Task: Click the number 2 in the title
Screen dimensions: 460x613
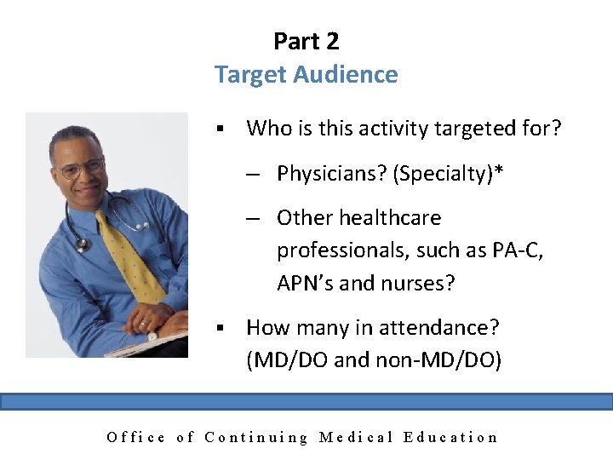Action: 331,41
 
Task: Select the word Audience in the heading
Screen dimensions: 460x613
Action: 346,75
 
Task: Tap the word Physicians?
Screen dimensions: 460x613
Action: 331,174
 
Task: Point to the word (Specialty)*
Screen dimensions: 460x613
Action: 448,174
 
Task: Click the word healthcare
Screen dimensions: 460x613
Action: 390,218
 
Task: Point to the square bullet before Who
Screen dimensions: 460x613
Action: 220,129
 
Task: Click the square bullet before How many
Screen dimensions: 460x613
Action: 220,328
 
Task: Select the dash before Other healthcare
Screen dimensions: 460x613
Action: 253,218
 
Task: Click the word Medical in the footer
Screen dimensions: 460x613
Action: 355,438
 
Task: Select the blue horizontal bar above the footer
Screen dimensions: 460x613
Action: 306,401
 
